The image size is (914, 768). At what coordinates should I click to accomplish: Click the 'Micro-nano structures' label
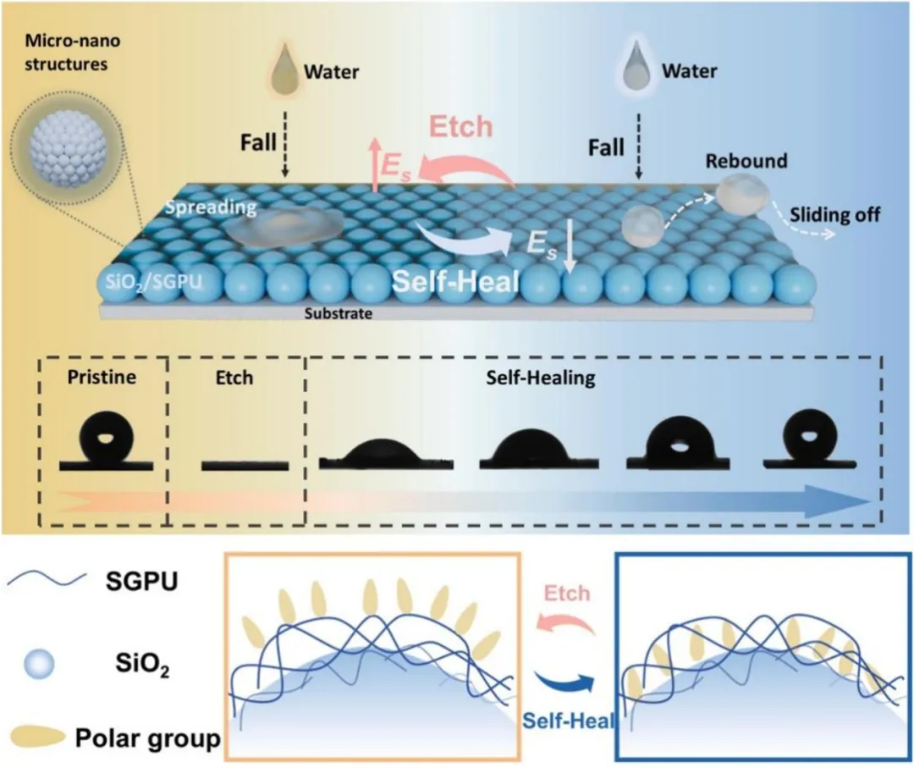tap(72, 52)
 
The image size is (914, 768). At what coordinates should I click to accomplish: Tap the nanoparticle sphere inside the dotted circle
tap(69, 148)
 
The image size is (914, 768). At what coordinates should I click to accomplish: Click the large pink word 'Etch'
tap(460, 126)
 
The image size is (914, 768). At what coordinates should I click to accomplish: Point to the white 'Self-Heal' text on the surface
tap(455, 281)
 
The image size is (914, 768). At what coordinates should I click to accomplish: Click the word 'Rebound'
tap(746, 160)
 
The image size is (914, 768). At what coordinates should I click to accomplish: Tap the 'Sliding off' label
tap(834, 214)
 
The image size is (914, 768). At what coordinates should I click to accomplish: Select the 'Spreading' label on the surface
tap(211, 207)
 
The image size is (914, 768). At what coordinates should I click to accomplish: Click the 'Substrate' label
tap(338, 314)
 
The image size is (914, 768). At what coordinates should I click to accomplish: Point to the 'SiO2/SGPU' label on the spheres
tap(154, 283)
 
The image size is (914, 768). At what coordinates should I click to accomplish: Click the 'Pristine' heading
tap(102, 378)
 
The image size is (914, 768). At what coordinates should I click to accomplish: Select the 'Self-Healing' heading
tap(541, 378)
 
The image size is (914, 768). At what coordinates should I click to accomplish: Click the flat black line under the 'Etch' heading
tap(245, 466)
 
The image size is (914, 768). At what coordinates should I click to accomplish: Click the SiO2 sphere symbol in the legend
tap(39, 664)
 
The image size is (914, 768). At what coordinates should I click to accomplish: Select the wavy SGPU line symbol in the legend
tap(47, 578)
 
